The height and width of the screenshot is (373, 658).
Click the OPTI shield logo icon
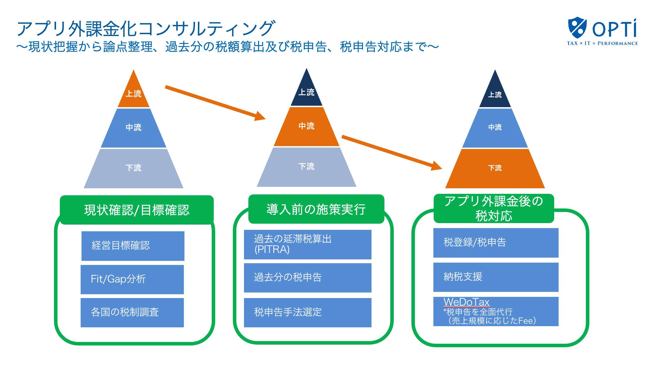click(x=577, y=28)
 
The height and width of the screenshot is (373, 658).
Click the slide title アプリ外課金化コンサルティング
click(x=146, y=29)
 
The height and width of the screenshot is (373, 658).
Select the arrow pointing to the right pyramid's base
click(x=391, y=152)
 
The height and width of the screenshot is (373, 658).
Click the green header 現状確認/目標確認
click(x=137, y=210)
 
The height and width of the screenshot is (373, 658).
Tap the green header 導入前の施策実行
click(x=316, y=209)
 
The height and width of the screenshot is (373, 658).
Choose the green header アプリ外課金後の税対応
click(x=494, y=208)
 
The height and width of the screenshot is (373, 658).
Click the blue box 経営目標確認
click(x=133, y=246)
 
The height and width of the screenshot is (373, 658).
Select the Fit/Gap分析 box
click(x=132, y=279)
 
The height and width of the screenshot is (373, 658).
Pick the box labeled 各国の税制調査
click(x=132, y=312)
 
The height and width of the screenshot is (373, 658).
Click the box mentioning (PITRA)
click(x=308, y=244)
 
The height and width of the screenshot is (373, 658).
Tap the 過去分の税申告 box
click(x=308, y=278)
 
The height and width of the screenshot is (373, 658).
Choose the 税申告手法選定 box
click(x=308, y=312)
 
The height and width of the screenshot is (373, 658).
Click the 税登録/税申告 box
click(x=496, y=243)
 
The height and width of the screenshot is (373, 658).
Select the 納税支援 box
click(x=496, y=277)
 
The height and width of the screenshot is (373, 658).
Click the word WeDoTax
click(x=466, y=302)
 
